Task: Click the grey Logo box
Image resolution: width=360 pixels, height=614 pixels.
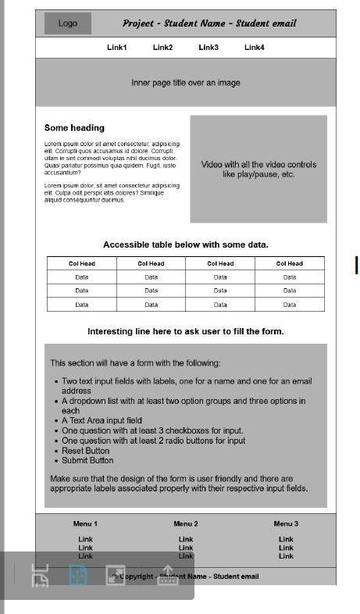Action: [x=67, y=23]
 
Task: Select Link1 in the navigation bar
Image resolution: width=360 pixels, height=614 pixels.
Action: [x=116, y=48]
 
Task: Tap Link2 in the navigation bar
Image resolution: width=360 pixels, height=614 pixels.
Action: [x=162, y=48]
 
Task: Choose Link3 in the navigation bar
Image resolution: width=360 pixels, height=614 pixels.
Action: [x=209, y=48]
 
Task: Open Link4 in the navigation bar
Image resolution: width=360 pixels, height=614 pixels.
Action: [x=254, y=48]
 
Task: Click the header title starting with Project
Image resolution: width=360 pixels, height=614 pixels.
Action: [x=209, y=23]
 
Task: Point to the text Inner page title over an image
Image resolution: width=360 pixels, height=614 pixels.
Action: [x=185, y=83]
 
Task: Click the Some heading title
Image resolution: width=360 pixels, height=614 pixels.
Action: [x=74, y=128]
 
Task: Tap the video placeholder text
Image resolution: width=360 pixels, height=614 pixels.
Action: [x=258, y=170]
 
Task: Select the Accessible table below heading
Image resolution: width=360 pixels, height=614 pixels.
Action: [x=185, y=245]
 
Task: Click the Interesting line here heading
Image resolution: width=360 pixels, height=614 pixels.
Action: [x=185, y=331]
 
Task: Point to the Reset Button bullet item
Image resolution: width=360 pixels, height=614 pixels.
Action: [x=86, y=451]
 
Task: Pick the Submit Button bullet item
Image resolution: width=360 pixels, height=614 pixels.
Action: [x=87, y=460]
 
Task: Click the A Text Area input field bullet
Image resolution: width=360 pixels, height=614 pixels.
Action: [x=102, y=420]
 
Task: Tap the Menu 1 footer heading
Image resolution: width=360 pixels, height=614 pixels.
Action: [x=85, y=523]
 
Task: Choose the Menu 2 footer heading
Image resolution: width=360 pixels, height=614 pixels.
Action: [x=185, y=523]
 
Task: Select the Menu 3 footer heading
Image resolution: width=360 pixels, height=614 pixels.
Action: [x=286, y=523]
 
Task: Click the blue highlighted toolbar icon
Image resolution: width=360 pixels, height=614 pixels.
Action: [x=77, y=576]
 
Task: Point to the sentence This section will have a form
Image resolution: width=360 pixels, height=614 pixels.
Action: [x=135, y=363]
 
